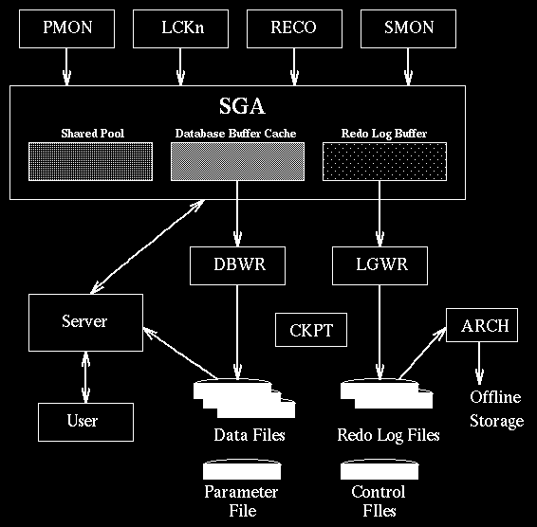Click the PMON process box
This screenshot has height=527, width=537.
coord(65,28)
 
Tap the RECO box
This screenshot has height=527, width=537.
coord(293,28)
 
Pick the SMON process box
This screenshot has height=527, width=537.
coord(409,28)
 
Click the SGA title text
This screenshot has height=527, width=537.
coord(236,107)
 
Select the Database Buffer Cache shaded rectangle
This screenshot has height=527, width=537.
coord(236,161)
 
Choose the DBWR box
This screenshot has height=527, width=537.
coord(237,265)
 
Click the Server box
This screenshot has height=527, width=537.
coord(85,321)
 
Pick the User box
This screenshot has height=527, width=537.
coord(85,419)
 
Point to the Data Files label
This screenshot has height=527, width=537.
coord(249,435)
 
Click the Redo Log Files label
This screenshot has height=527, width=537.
coord(388,435)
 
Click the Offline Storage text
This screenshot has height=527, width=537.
coord(496,409)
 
